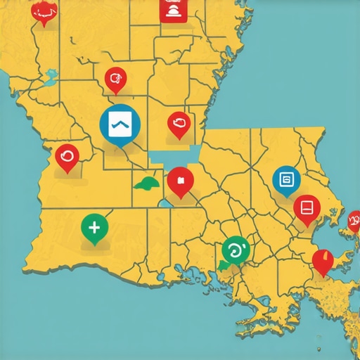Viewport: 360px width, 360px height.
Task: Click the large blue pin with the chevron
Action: pos(120,125)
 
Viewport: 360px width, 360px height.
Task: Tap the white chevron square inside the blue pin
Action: pos(120,124)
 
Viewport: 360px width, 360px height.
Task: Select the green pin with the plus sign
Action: pos(95,228)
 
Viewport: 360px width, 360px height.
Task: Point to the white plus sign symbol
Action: pos(95,226)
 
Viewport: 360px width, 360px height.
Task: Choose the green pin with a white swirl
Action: pos(236,250)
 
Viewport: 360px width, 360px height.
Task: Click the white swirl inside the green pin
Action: pos(236,248)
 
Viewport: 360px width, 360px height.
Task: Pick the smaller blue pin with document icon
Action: pos(286,181)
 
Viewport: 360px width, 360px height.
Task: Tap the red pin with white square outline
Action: pos(307,208)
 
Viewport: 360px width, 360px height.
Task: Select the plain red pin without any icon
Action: pos(323,261)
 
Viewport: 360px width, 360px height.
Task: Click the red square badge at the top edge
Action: pos(173,10)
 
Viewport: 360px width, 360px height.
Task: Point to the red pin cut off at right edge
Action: pos(354,221)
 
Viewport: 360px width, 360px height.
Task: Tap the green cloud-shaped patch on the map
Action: pos(148,184)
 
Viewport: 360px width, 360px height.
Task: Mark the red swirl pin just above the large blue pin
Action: pos(115,80)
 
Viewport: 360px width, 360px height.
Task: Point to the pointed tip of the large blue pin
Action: pos(121,148)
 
